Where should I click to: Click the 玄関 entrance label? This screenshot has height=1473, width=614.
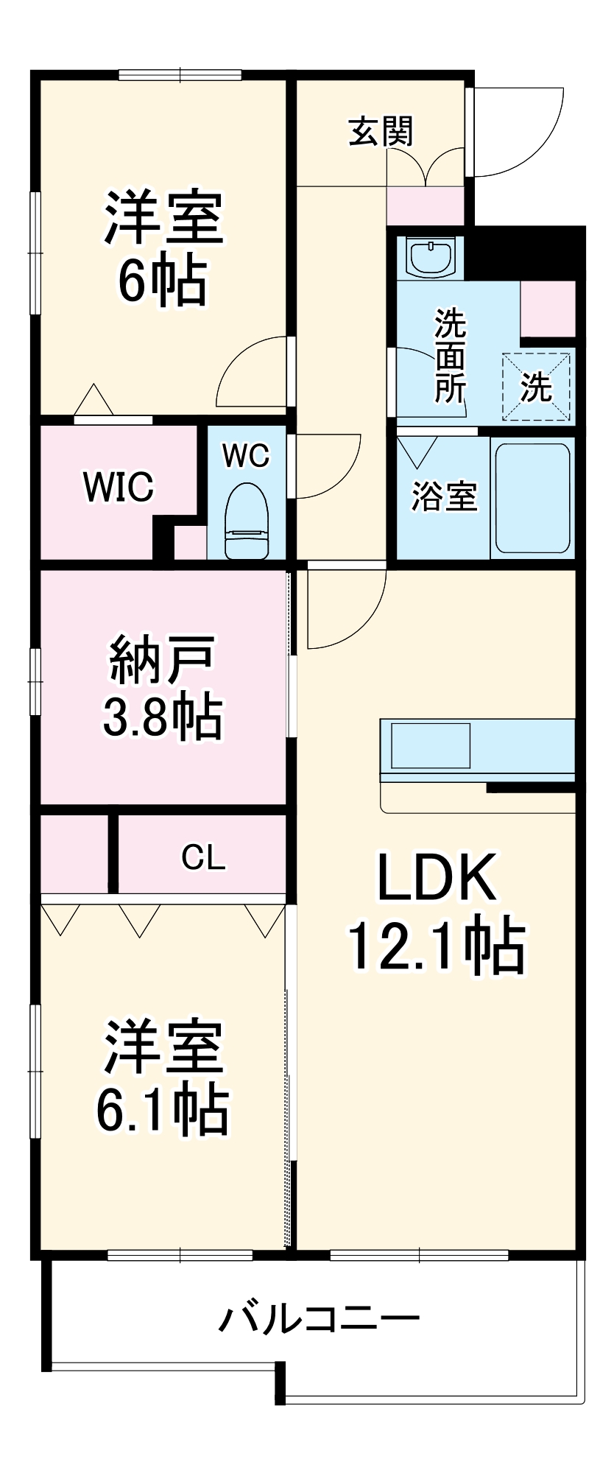[x=381, y=132]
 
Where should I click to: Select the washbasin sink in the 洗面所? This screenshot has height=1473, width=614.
[x=430, y=258]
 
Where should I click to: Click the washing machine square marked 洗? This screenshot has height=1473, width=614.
[x=537, y=387]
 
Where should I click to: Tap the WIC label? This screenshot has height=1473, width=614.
[x=119, y=487]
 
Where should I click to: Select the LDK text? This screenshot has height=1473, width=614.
[x=437, y=877]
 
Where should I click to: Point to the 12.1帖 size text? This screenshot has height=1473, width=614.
[x=437, y=946]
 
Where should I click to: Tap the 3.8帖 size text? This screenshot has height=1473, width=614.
[x=162, y=717]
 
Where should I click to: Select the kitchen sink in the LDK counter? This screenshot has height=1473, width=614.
[x=430, y=745]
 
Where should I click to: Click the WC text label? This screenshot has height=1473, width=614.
[x=246, y=456]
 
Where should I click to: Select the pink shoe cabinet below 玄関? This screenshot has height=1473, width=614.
[x=426, y=205]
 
